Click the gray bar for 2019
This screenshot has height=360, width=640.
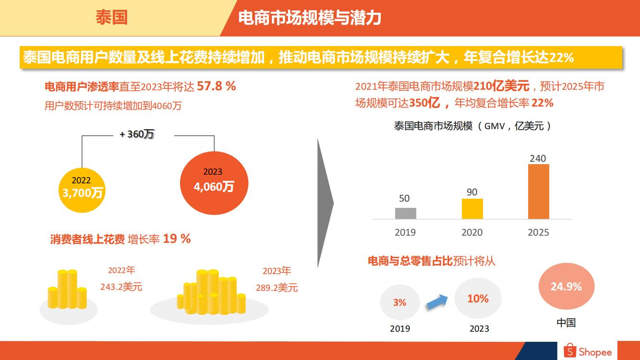[405, 213]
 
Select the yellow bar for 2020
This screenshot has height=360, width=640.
[472, 209]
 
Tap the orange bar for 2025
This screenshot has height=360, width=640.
[538, 192]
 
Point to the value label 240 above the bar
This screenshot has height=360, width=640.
[538, 158]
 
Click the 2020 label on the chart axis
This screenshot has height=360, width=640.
[472, 232]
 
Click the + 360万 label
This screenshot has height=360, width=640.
[137, 134]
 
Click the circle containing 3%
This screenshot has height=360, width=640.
[399, 302]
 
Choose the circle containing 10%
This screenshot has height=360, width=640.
[478, 299]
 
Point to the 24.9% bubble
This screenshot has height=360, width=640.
[566, 287]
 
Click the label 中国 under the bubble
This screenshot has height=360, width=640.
[566, 323]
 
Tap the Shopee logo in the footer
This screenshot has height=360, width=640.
[588, 351]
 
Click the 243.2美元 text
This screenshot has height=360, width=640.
[121, 287]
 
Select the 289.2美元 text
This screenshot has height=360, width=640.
[277, 288]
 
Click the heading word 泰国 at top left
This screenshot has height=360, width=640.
[111, 18]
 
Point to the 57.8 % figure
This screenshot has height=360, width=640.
[217, 86]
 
